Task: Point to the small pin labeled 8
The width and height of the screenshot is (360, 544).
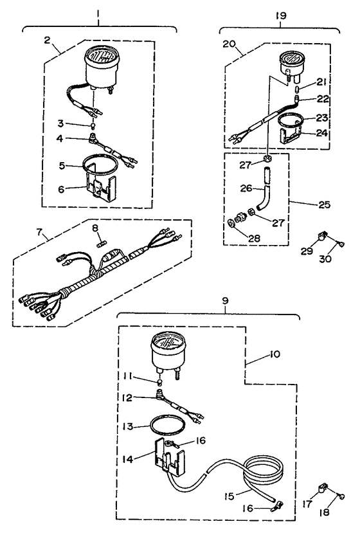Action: [x=100, y=243]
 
